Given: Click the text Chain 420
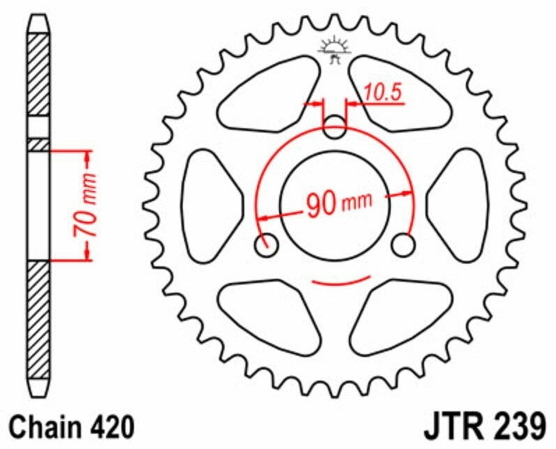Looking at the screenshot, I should tap(67, 426).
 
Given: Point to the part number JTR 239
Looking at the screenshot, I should tap(481, 425).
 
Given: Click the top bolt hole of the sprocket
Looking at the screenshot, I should tap(336, 128).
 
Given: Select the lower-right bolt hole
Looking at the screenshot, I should tap(403, 245).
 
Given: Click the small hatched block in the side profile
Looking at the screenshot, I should tap(38, 144).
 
